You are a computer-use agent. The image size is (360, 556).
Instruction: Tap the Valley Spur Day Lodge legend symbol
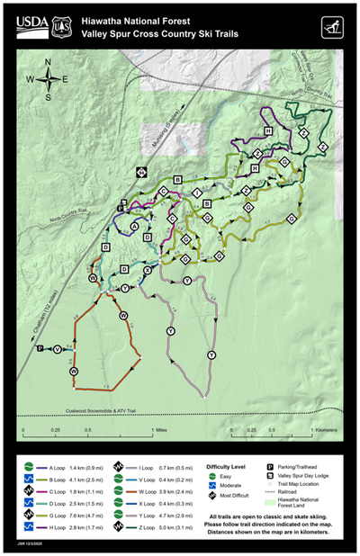click(x=271, y=476)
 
